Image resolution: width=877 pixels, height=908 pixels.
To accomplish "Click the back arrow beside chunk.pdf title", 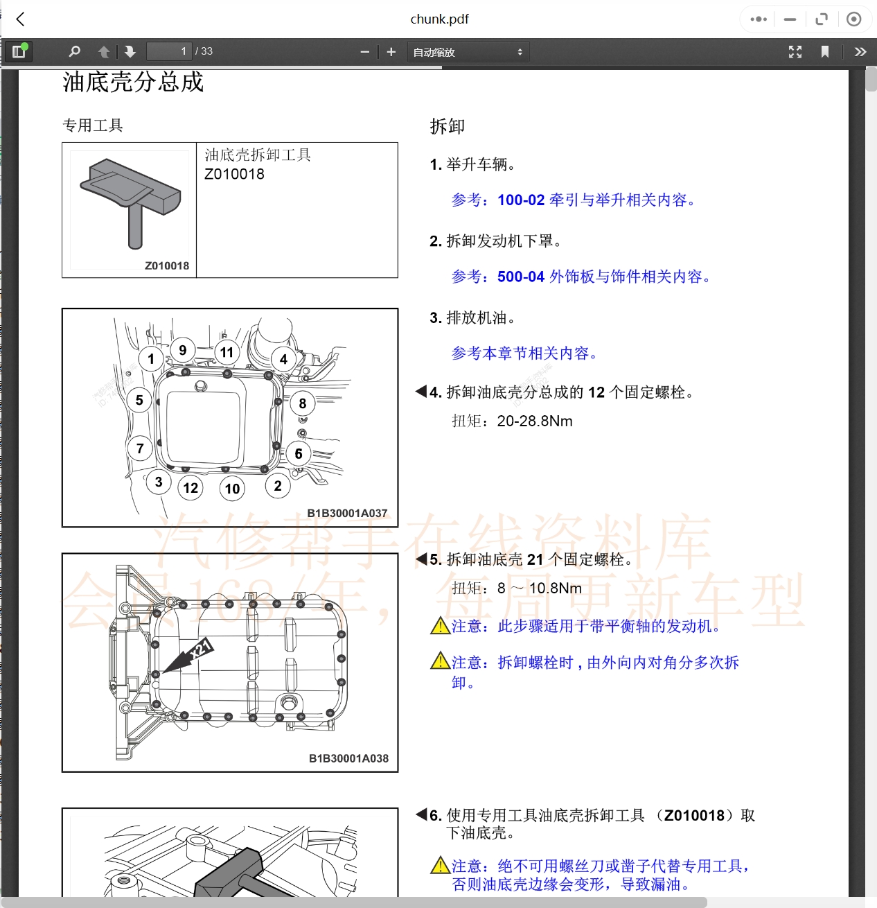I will coord(21,19).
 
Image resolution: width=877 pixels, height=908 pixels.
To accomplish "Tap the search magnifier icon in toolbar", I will coord(75,51).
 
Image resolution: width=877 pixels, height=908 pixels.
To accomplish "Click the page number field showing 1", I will coord(168,51).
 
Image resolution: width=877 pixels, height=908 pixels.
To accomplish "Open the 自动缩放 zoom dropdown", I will coord(468,52).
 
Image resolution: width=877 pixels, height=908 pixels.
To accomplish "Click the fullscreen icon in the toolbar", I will coord(795,52).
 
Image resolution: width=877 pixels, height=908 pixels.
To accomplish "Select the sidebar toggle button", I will coord(19,51).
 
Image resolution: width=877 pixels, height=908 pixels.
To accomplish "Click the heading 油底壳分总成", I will coord(133,82).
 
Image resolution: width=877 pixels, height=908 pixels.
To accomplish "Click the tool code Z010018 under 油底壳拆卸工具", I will coord(234,174).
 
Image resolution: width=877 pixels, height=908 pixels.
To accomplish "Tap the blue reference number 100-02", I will coord(521,200).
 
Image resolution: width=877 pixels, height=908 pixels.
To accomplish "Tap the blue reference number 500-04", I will coord(521,277).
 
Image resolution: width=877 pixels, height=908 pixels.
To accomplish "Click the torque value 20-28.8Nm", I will coord(535,421).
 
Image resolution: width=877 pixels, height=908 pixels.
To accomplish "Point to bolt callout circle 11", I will coord(227,352).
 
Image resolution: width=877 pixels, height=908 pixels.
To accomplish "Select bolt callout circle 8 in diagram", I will coord(302,403).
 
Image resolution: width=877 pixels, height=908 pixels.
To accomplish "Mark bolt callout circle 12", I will coord(191,488).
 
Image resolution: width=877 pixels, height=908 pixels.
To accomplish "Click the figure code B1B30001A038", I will coord(348,758).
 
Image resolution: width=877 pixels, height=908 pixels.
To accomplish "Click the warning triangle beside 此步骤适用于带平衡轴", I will coord(440,627).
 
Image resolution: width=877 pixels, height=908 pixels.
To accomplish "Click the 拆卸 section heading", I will coord(447,126).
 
